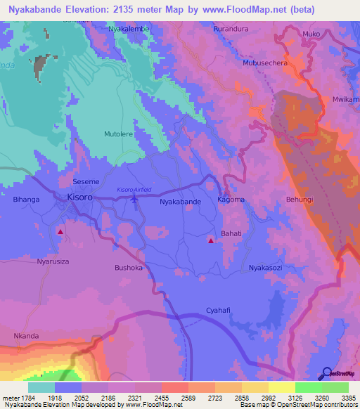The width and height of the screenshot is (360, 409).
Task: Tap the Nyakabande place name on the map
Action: point(181,202)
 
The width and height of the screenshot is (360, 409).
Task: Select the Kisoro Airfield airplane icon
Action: point(135,200)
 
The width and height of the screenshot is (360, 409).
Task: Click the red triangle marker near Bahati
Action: point(211,241)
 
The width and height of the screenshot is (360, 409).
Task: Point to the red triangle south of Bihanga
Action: point(61,231)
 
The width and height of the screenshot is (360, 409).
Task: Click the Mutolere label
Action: point(118,132)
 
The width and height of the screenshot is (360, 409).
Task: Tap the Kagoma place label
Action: point(231,200)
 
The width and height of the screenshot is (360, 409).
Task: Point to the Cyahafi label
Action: point(219,310)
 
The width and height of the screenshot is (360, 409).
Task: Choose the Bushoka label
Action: point(129,268)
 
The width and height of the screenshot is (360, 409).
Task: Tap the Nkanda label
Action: point(26,336)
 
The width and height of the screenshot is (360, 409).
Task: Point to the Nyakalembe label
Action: point(129,30)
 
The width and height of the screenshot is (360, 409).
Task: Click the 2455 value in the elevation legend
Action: point(162,398)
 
